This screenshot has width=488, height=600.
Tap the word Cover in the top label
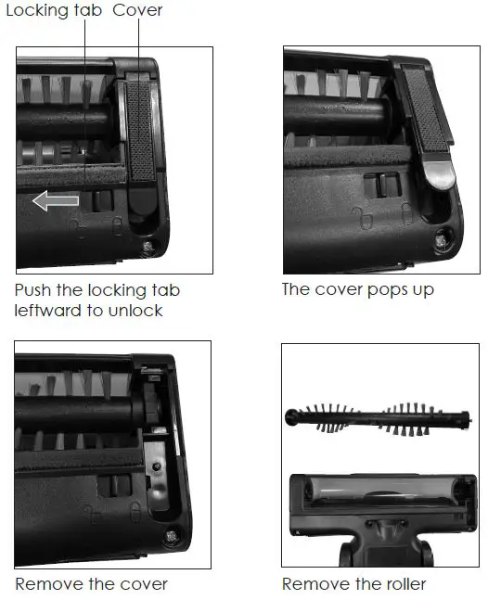click(x=137, y=11)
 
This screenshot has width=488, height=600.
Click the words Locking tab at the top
click(x=54, y=11)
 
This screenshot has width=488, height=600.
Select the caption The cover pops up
click(x=357, y=289)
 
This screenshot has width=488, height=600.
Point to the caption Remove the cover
click(x=91, y=584)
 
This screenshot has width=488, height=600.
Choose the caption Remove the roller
click(x=354, y=584)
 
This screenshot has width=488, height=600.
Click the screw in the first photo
click(x=149, y=246)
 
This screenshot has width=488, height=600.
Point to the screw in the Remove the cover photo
click(x=173, y=535)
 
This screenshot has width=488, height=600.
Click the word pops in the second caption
click(x=384, y=290)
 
